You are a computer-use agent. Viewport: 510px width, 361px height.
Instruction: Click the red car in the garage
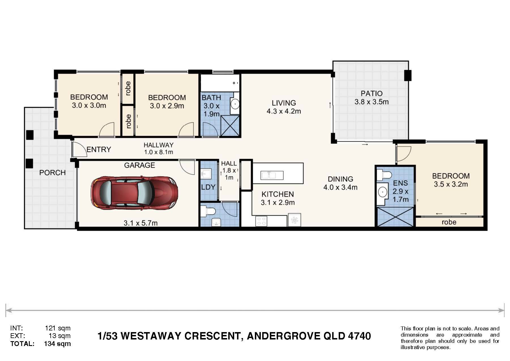[x=134, y=193]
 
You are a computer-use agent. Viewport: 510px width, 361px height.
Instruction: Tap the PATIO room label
[x=372, y=93]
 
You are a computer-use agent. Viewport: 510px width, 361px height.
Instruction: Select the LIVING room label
[x=284, y=103]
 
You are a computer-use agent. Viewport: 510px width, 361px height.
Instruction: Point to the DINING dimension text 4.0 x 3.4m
[x=340, y=187]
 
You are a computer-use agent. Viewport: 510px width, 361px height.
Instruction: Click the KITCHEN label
[x=278, y=194]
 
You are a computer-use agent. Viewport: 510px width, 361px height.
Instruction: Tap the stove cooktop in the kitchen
[x=261, y=221]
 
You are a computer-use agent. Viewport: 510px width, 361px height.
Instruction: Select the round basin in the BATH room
[x=235, y=104]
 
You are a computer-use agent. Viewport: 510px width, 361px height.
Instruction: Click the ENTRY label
[x=99, y=149]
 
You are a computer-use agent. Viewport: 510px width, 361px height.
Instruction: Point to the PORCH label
[x=52, y=173]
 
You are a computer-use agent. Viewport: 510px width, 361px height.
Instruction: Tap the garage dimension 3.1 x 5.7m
[x=140, y=223]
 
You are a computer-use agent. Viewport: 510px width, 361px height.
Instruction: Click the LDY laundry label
[x=208, y=187]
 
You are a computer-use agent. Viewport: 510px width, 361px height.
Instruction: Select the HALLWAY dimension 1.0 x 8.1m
[x=159, y=152]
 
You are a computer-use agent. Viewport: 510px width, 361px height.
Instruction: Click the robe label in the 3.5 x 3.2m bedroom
[x=449, y=222]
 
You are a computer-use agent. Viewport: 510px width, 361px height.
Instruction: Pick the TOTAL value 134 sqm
[x=57, y=344]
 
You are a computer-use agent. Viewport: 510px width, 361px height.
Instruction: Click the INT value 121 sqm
[x=58, y=328]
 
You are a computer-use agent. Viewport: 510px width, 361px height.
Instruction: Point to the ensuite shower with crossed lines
[x=395, y=217]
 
